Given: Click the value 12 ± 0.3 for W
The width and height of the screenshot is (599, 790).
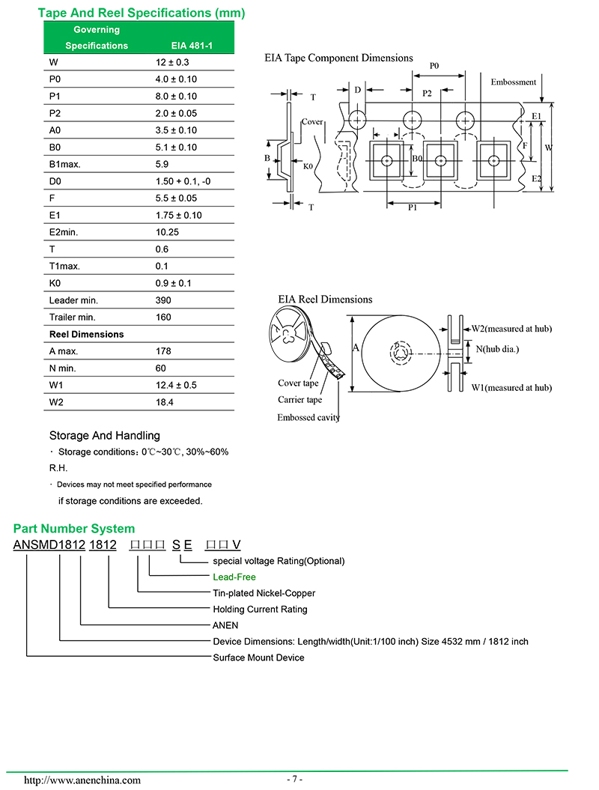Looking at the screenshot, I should [x=171, y=62].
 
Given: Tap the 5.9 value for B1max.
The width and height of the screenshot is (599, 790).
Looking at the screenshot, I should [x=162, y=164].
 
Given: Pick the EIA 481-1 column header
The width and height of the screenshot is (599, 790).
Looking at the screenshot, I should [x=192, y=46].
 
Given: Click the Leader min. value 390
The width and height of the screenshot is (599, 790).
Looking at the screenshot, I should [x=162, y=300].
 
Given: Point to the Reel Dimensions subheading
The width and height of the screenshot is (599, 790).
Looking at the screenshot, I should [x=86, y=334].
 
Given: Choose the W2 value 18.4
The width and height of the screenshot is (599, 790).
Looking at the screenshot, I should [x=164, y=402].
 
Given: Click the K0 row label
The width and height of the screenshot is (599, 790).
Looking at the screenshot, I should [x=56, y=283].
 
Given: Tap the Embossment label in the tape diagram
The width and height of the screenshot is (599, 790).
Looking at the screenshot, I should [x=514, y=82].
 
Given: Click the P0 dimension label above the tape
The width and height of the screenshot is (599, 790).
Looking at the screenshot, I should [x=434, y=66].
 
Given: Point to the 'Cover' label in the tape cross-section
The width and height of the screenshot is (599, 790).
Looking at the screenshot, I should [x=311, y=121].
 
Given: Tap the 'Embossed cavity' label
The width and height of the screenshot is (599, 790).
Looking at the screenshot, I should [x=308, y=417].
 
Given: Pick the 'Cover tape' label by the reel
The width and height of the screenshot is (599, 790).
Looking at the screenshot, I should [x=298, y=383].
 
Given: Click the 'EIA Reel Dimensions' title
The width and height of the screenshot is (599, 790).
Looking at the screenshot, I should [x=325, y=299].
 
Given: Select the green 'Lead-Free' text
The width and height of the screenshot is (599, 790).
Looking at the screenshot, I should [x=234, y=577].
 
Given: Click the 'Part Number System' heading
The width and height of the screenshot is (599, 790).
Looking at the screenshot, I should [x=74, y=529].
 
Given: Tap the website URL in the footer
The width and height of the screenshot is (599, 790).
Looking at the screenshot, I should [x=82, y=780].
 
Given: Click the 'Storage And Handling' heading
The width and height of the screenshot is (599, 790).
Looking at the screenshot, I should [x=104, y=435].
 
